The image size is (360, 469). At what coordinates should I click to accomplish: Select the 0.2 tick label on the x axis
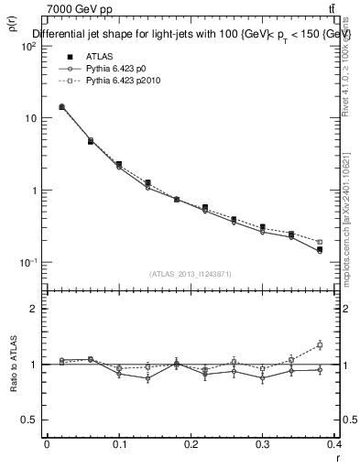pyautogui.click(x=191, y=446)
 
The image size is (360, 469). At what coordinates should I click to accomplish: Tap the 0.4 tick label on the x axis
pyautogui.click(x=334, y=446)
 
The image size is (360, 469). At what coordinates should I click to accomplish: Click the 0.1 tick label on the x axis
pyautogui.click(x=118, y=446)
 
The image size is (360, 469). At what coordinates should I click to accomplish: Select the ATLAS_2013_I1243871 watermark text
pyautogui.click(x=191, y=274)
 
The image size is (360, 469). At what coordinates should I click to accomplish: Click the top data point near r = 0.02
pyautogui.click(x=61, y=107)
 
